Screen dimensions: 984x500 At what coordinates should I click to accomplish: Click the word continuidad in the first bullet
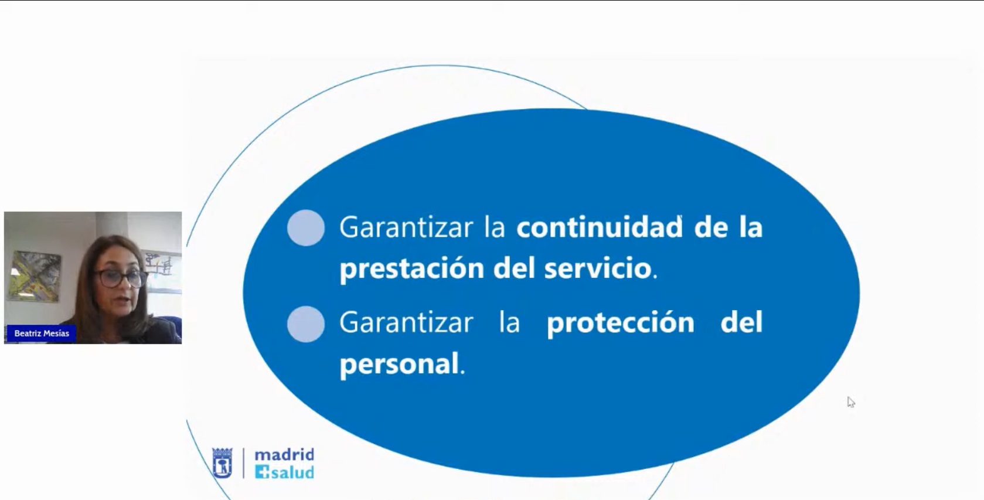(x=599, y=227)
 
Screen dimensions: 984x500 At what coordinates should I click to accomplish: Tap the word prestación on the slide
(x=411, y=268)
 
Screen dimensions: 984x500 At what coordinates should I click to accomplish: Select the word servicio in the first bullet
(x=597, y=267)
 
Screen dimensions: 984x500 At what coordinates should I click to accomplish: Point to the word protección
(x=620, y=323)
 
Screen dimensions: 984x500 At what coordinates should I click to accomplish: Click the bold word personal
(x=399, y=364)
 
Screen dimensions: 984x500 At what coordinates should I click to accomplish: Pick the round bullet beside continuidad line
(x=306, y=227)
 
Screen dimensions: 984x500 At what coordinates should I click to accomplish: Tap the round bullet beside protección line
(x=306, y=324)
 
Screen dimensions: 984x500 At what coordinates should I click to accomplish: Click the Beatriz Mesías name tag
(x=41, y=334)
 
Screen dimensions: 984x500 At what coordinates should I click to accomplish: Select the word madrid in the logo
(x=284, y=454)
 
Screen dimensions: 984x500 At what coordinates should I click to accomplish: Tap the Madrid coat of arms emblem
(x=222, y=463)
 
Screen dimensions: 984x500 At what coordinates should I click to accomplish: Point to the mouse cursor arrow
(x=851, y=402)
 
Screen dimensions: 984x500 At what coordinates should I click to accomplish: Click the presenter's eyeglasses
(x=120, y=278)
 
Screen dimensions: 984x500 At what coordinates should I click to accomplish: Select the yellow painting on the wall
(x=35, y=276)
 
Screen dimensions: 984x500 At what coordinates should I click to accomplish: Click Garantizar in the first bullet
(x=406, y=227)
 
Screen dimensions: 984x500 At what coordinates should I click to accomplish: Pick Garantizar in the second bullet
(x=406, y=322)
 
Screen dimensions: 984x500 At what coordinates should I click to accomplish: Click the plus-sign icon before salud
(x=262, y=472)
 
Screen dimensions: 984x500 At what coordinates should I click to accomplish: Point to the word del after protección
(x=741, y=322)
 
